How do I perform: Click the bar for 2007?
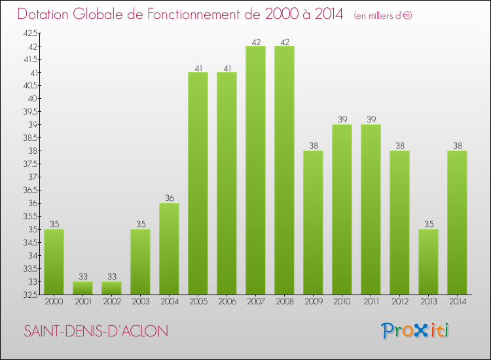255,170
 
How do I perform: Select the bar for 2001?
82,288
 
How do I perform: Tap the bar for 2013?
428,262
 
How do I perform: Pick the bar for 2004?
169,249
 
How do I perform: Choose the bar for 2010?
342,209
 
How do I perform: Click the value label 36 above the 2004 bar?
169,198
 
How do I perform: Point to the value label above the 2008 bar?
284,41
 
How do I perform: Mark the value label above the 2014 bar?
457,146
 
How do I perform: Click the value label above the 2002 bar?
111,277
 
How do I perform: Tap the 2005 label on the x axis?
198,302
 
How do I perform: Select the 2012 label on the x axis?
399,302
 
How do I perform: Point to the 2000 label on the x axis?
54,302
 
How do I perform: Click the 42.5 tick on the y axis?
30,33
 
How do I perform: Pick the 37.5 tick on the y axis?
30,164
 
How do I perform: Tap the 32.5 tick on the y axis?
30,295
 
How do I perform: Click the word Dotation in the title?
46,14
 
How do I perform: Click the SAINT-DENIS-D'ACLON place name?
96,331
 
